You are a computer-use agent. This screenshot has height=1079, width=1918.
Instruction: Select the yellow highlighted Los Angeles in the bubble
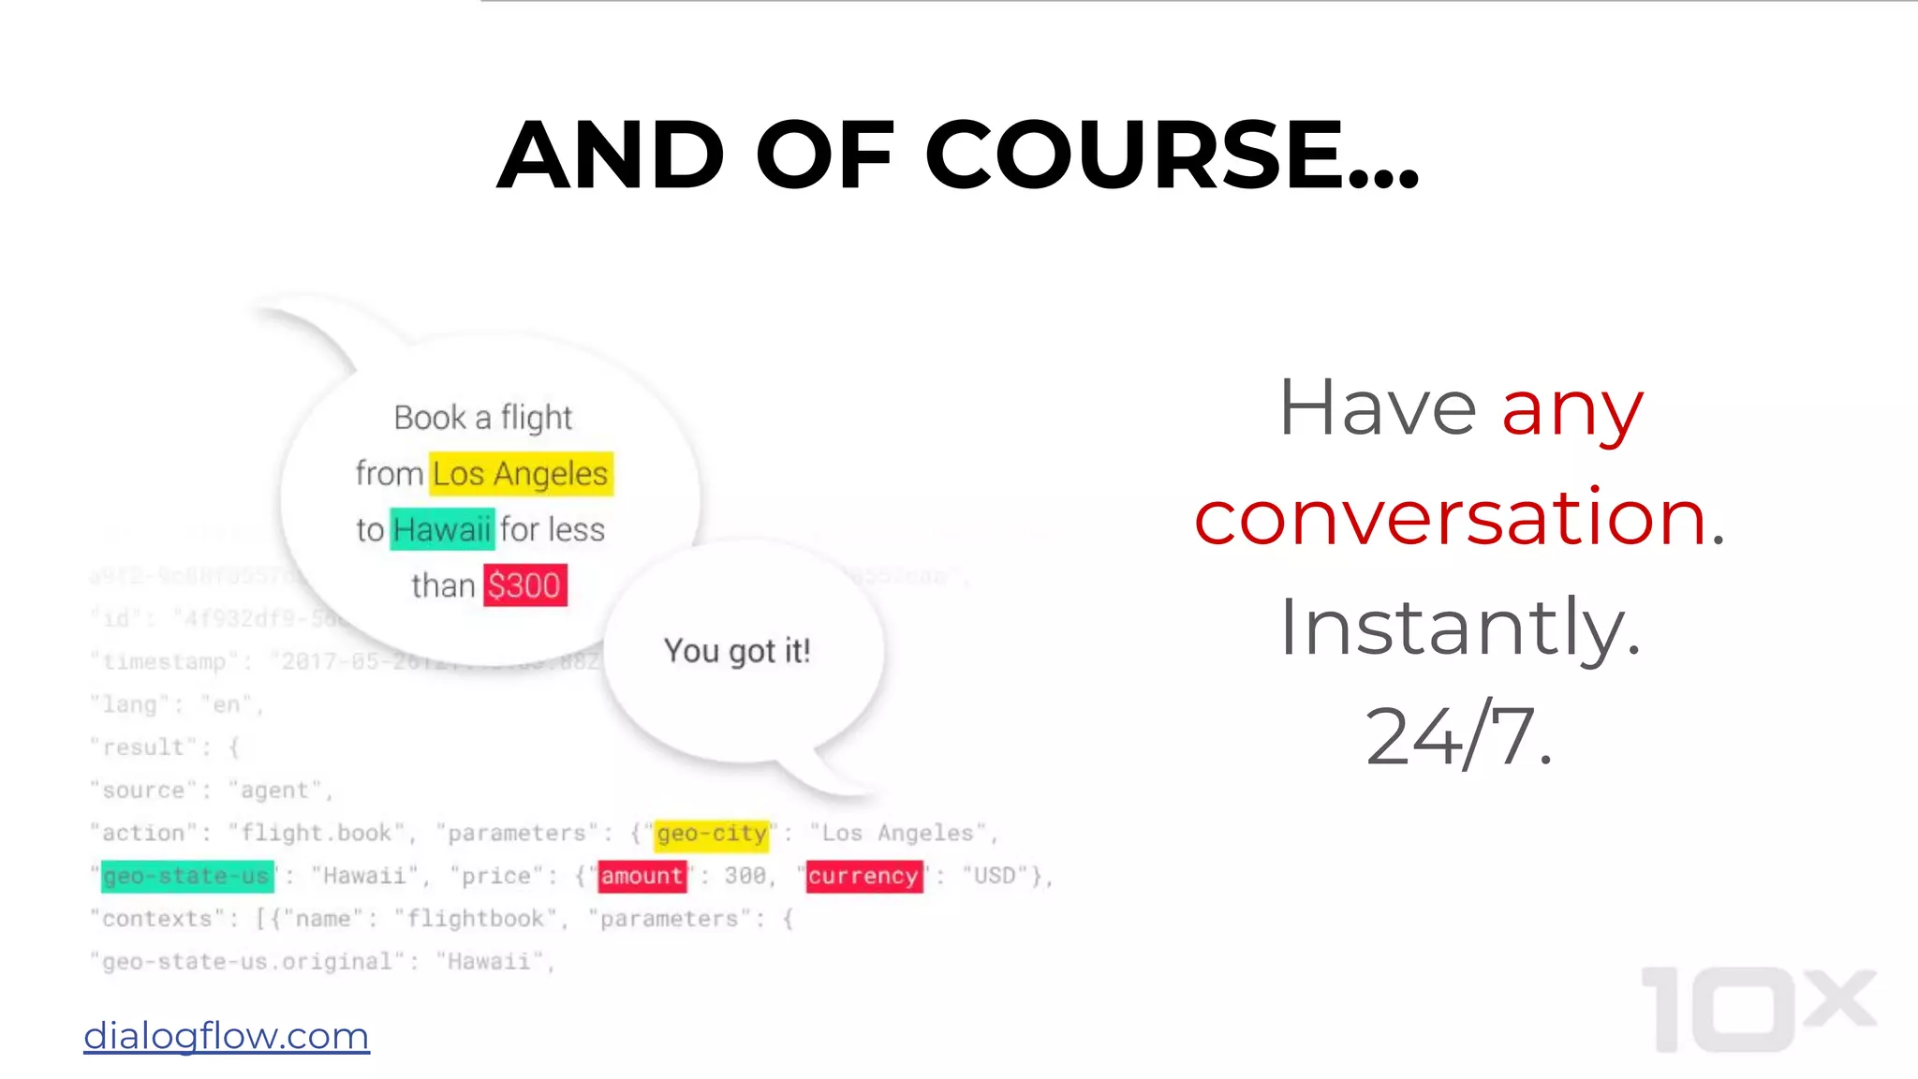click(521, 474)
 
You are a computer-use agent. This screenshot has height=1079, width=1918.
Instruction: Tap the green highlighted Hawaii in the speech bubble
click(442, 529)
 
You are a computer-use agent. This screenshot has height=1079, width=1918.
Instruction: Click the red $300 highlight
click(524, 585)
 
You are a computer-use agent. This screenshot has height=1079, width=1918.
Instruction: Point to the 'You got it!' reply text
click(737, 650)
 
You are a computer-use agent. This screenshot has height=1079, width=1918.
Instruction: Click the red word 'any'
click(1572, 409)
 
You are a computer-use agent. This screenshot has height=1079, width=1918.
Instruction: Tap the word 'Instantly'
click(1459, 627)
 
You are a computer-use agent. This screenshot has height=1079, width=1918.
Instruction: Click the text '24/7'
click(1457, 736)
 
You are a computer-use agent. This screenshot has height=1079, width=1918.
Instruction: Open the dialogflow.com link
click(227, 1036)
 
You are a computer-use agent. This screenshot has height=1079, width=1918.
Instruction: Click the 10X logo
click(1758, 1009)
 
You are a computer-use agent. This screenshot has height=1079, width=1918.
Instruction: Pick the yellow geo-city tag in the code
click(712, 834)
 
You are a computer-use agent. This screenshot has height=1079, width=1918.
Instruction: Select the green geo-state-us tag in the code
click(187, 877)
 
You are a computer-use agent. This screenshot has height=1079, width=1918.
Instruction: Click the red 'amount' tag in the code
click(642, 877)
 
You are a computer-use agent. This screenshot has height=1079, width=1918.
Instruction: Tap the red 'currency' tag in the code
click(863, 877)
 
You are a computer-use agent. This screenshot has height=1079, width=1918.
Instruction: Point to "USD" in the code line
click(995, 877)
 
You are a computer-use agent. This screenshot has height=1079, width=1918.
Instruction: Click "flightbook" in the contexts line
click(475, 919)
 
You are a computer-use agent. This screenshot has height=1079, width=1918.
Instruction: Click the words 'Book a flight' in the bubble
click(482, 418)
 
